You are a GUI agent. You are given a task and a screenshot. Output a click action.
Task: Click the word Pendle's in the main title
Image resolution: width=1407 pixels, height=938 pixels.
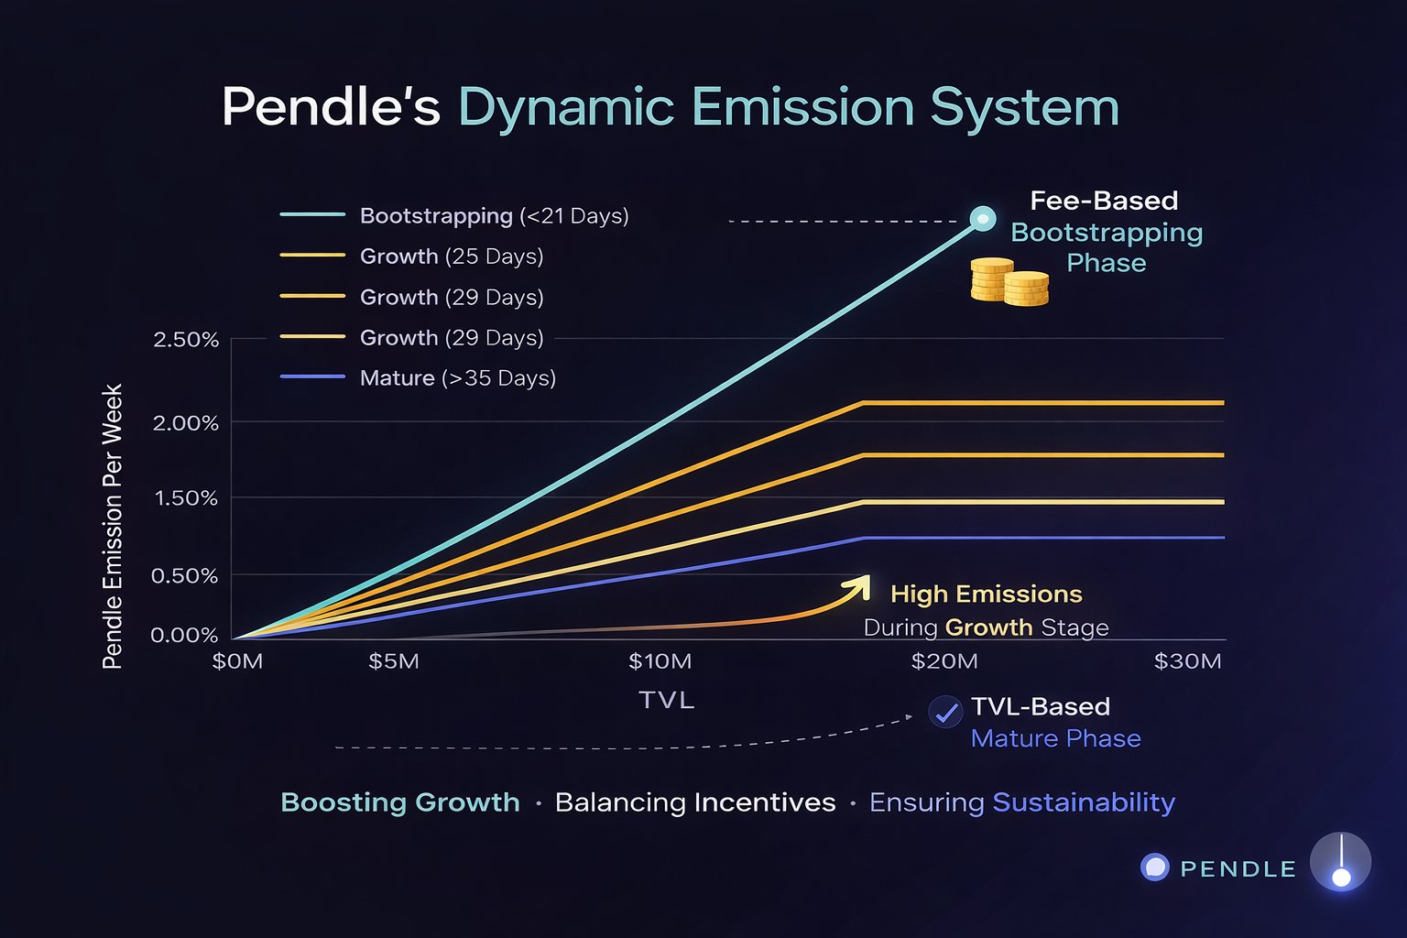(x=331, y=107)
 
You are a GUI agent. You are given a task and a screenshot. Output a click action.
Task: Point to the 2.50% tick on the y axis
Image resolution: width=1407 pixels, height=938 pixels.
(x=186, y=340)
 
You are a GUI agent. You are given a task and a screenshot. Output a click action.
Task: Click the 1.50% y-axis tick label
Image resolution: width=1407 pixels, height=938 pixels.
(x=186, y=498)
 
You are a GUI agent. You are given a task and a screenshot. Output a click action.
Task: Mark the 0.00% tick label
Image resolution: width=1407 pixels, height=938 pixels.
(x=184, y=636)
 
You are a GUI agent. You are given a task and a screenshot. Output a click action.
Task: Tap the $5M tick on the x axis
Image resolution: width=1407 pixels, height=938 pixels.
(x=394, y=661)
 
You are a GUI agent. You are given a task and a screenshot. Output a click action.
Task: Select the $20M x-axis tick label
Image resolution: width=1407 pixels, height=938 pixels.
(x=944, y=661)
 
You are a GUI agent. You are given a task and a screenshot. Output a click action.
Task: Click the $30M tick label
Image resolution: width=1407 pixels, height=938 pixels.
(x=1188, y=661)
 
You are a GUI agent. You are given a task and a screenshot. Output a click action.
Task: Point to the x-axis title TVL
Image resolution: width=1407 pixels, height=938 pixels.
(x=667, y=701)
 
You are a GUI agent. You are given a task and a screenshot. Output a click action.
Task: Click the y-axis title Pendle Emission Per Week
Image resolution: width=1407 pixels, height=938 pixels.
(x=112, y=526)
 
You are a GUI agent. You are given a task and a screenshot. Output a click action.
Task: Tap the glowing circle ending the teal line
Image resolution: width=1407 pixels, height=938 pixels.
(x=983, y=219)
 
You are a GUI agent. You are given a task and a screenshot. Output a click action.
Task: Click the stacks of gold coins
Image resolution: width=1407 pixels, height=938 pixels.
(x=1009, y=281)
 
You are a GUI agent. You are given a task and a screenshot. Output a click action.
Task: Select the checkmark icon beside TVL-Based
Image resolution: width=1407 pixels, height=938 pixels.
(x=945, y=712)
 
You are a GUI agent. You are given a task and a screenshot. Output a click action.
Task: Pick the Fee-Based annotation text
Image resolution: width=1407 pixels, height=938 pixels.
(x=1104, y=201)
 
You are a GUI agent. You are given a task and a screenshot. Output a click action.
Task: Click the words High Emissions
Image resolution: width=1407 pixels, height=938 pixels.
(x=987, y=594)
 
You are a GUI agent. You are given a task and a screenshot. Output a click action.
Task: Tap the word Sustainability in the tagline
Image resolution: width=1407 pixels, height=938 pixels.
(x=1084, y=802)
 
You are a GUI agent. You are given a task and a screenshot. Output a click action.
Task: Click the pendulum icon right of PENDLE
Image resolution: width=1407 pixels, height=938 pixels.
(x=1340, y=863)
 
